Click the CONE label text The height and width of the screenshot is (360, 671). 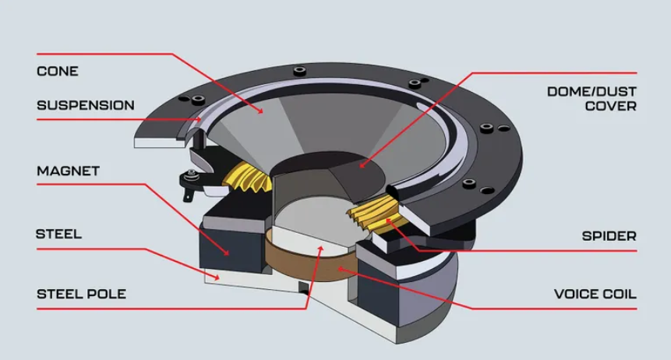(58, 71)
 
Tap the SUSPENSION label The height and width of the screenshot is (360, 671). (86, 105)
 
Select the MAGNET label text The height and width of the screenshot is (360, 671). (68, 171)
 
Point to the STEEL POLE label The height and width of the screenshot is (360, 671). (81, 294)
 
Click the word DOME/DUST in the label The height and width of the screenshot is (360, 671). (591, 90)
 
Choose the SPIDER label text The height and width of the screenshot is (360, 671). (609, 235)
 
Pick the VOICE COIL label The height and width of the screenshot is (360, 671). (595, 294)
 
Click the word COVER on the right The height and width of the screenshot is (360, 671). (611, 105)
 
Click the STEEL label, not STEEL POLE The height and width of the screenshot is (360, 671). (58, 233)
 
